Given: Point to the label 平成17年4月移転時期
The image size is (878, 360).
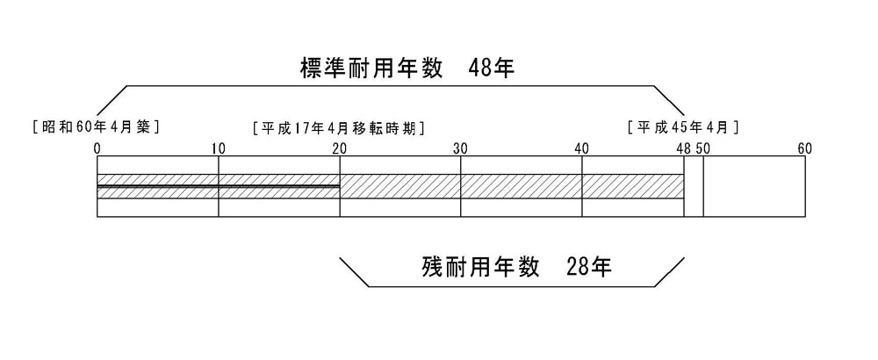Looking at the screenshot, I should (338, 127).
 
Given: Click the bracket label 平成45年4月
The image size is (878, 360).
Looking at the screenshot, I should (684, 127).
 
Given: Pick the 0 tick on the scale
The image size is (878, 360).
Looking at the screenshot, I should (97, 148).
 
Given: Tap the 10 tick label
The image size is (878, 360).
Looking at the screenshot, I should (218, 148).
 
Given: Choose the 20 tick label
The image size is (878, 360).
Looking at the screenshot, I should (339, 148).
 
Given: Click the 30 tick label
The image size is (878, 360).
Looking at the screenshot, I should (460, 148).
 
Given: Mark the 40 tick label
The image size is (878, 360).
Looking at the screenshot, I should (581, 148).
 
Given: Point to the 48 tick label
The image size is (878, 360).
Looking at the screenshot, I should (683, 148).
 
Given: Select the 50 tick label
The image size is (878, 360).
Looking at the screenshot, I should (703, 148).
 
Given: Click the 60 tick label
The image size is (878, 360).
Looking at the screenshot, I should (805, 148).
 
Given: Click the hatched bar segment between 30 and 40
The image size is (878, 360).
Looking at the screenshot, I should (522, 186).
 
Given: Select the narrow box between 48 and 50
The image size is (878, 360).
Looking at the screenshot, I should (694, 186).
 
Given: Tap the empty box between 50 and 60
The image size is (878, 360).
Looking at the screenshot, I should (754, 186).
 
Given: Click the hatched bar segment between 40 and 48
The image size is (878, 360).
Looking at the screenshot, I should (633, 186).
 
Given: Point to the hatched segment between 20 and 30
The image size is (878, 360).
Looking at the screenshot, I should (400, 186).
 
